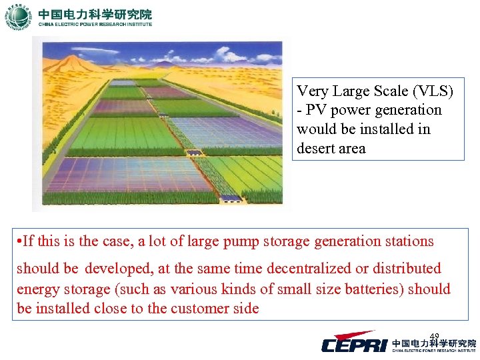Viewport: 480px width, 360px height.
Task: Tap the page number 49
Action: (x=434, y=336)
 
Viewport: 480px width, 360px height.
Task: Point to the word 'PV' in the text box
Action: (x=317, y=110)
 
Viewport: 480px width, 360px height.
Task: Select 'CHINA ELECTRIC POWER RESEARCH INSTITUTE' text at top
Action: (x=95, y=25)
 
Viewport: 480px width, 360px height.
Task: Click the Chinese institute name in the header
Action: (x=95, y=13)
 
